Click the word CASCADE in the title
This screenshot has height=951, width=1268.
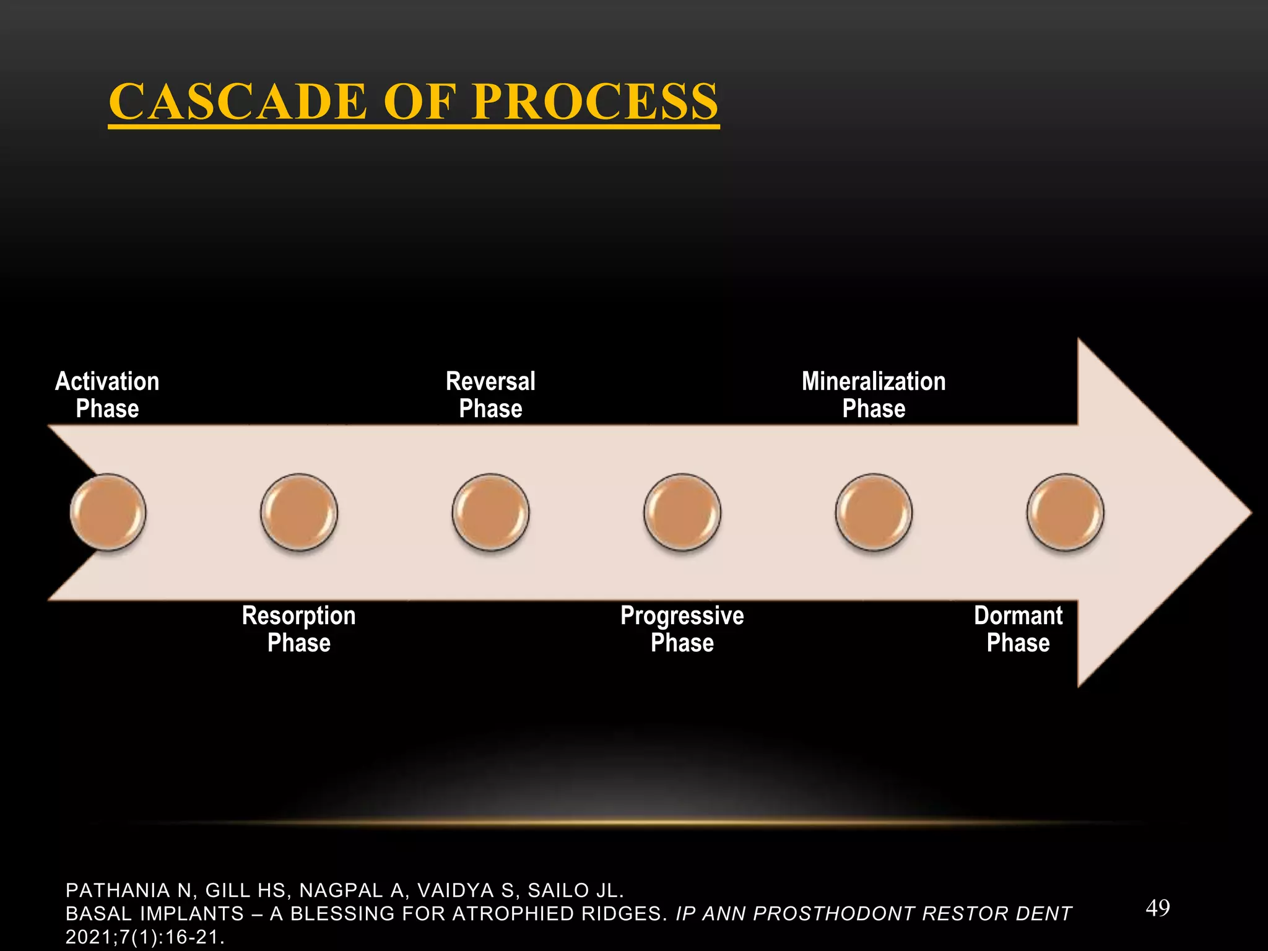(238, 102)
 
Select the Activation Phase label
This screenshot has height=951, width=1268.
(107, 395)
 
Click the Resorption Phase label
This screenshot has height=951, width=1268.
(299, 629)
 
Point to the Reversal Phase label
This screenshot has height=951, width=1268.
(490, 395)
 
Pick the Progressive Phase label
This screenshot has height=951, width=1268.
(682, 629)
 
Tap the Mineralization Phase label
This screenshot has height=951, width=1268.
(874, 395)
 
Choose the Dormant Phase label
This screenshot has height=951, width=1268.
(1018, 629)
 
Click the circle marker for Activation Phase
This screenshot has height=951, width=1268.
(108, 512)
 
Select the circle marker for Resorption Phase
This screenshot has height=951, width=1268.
(299, 512)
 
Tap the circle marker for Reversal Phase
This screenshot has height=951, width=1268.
(490, 512)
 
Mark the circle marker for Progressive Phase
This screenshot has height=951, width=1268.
(682, 512)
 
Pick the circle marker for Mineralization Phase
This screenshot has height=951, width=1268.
(874, 512)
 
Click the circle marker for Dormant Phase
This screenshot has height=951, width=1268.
(1065, 512)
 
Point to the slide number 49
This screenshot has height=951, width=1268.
(1157, 908)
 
